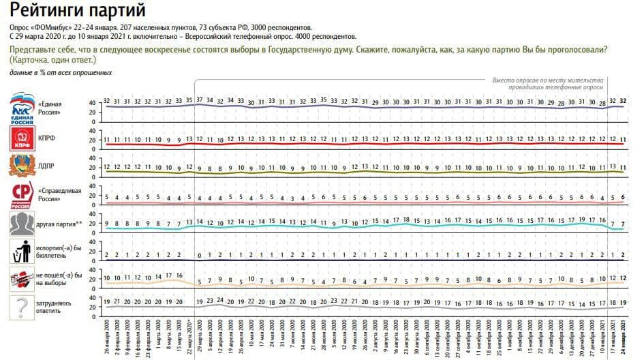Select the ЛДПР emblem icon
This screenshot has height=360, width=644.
tap(21, 166)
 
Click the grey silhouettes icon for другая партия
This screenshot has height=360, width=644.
tap(21, 224)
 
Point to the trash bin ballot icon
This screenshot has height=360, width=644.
tap(20, 252)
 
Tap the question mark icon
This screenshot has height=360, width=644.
tap(21, 306)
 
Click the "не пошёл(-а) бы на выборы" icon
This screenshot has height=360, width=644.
tap(20, 279)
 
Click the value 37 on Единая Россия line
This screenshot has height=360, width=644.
tap(200, 100)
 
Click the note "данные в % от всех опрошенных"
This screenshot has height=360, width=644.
tap(61, 73)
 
